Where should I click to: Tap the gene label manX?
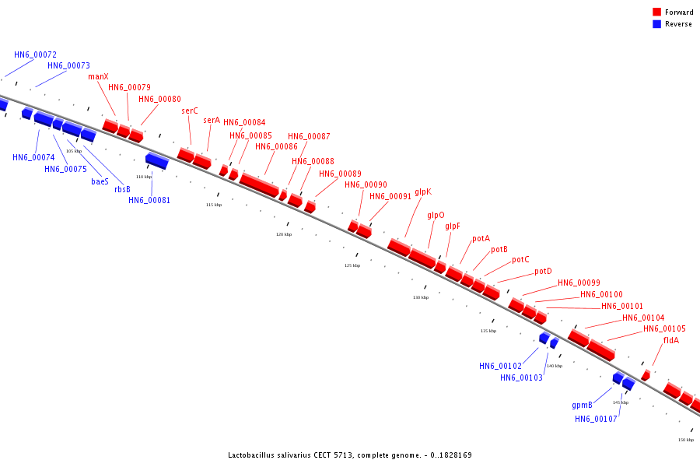tap(98, 76)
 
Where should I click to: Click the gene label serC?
tap(190, 111)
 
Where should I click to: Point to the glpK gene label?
tap(422, 191)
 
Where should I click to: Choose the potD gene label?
tap(543, 272)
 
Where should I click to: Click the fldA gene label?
tap(670, 340)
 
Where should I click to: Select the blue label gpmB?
tap(582, 405)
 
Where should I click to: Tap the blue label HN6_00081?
tap(149, 200)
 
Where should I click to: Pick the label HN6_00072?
tap(35, 54)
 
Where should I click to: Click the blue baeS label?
tap(100, 181)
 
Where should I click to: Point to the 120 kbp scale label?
tap(283, 233)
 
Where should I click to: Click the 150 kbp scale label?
tap(685, 440)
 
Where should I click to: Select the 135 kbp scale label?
tap(488, 331)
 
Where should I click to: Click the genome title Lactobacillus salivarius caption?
tap(349, 455)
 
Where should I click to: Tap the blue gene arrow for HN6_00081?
tap(157, 160)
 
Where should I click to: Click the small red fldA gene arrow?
tap(645, 375)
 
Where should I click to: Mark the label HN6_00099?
tap(579, 283)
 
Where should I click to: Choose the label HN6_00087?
tap(309, 136)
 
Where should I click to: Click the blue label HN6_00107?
tap(596, 419)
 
